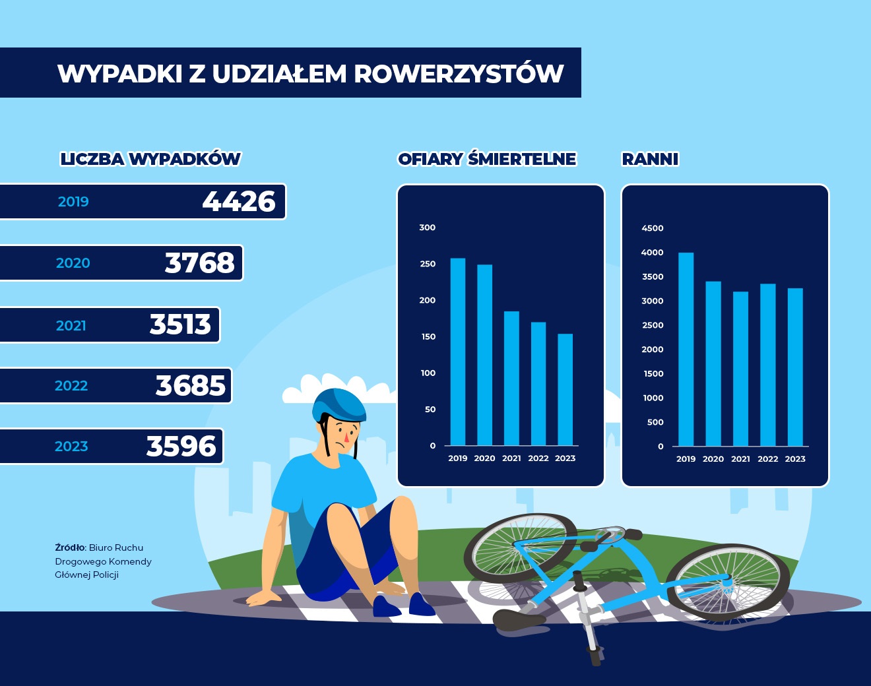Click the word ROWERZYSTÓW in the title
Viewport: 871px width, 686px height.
[x=459, y=74]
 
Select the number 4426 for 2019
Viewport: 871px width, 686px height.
[x=239, y=202]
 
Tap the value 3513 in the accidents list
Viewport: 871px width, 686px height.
[x=180, y=325]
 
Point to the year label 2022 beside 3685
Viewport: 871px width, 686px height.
[x=71, y=386]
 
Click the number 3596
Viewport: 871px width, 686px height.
[x=181, y=447]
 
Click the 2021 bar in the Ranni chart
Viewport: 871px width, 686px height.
[x=740, y=369]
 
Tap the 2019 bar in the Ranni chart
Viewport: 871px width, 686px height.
[x=686, y=349]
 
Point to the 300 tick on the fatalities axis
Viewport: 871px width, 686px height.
[x=428, y=228]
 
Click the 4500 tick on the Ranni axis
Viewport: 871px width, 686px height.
[x=653, y=228]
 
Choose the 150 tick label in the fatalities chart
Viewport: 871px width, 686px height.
[x=428, y=337]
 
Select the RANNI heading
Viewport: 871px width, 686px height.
[x=650, y=159]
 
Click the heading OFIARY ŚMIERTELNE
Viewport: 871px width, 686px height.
[x=487, y=159]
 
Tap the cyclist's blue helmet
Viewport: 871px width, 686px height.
[x=340, y=402]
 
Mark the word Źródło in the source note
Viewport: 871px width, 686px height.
[x=70, y=547]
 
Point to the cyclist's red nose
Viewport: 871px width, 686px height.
[x=346, y=437]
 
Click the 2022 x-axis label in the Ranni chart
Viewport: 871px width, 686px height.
[x=767, y=459]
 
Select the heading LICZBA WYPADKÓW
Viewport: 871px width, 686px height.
[x=150, y=159]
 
